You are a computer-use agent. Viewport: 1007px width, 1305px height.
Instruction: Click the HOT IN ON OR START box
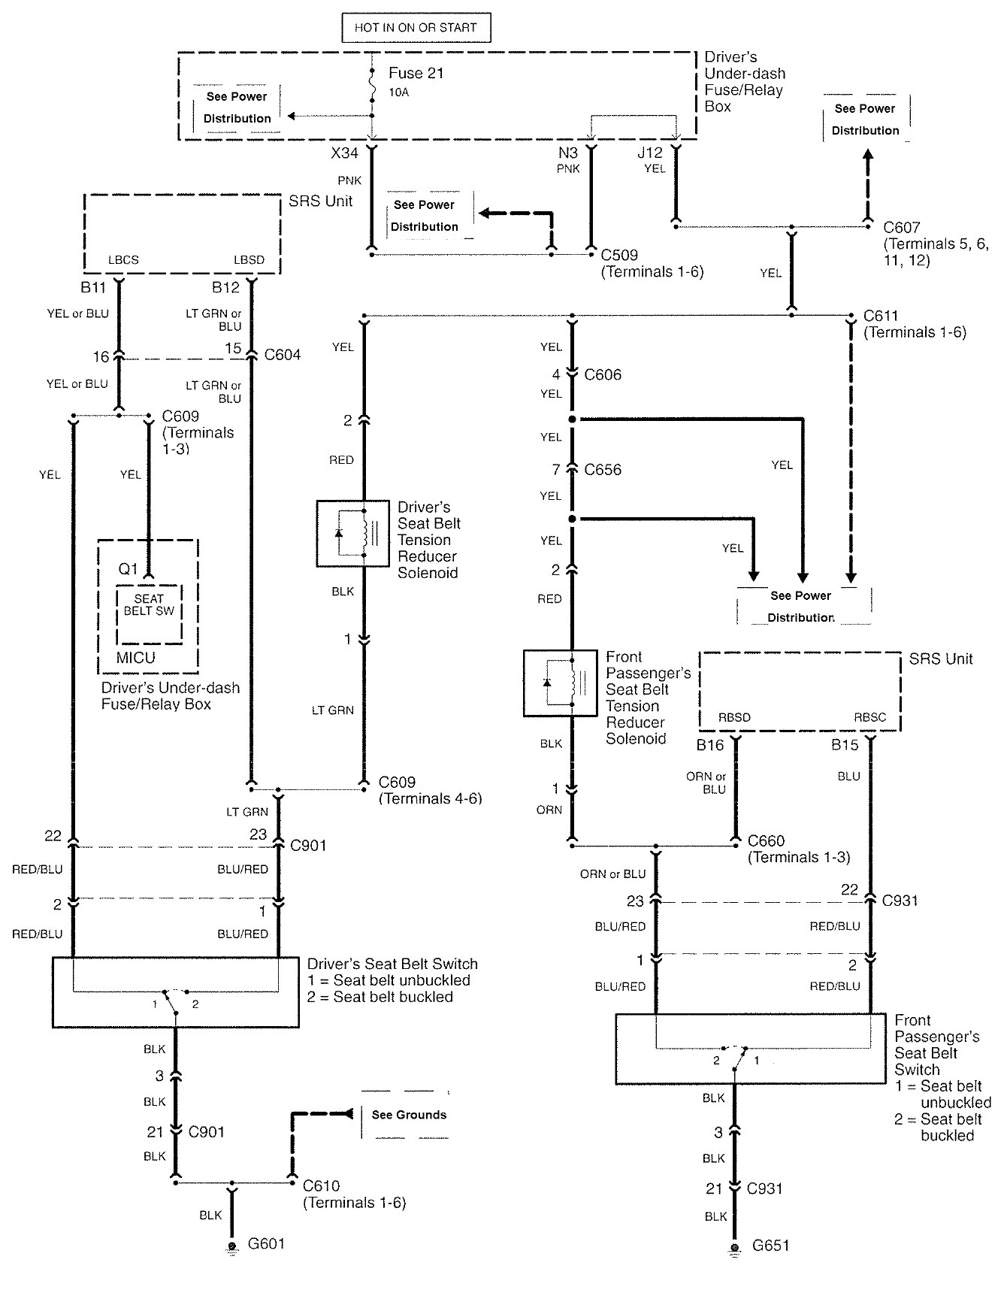coord(416,28)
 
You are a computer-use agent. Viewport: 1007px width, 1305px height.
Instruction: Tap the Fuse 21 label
coord(416,74)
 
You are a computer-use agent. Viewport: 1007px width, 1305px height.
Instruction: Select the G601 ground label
coord(266,1243)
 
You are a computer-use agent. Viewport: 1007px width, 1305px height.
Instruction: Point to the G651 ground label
coord(770,1246)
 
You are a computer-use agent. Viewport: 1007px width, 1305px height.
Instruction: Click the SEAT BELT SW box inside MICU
coord(149,614)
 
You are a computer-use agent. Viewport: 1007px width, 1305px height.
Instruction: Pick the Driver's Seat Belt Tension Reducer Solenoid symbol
coord(352,533)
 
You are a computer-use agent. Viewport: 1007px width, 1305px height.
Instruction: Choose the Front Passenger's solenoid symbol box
coord(560,683)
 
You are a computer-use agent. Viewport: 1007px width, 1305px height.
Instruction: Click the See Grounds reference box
coord(408,1115)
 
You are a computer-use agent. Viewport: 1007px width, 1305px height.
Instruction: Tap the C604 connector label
coord(283,355)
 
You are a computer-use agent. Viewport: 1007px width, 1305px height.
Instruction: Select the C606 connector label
coord(603,374)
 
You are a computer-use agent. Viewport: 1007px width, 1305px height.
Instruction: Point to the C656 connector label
coord(603,470)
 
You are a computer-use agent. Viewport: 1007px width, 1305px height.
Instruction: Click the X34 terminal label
coord(345,153)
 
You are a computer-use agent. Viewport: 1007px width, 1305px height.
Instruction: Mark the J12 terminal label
coord(650,153)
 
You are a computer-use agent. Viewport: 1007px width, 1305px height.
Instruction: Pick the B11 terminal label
coord(95,287)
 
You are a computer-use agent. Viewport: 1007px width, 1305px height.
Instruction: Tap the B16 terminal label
coord(709,746)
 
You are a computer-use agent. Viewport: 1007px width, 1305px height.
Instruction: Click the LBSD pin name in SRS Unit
coord(249,260)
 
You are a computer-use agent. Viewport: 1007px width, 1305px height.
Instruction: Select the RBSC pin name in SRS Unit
coord(869,717)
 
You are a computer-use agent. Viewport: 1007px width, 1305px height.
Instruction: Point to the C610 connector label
coord(321,1186)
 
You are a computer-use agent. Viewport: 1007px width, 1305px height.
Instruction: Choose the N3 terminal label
coord(568,153)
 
